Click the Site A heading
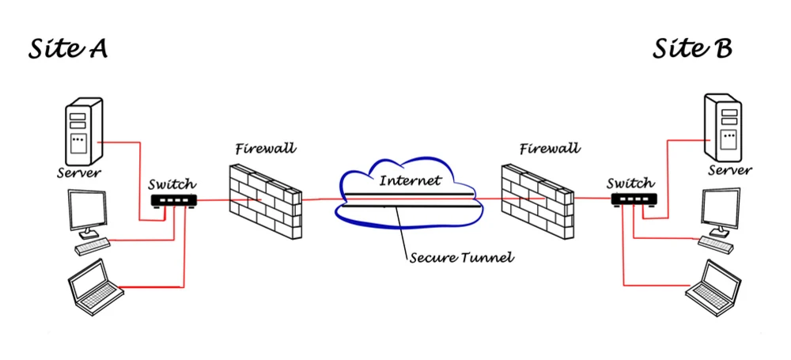point(68,50)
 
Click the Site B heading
point(692,49)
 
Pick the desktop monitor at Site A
point(88,213)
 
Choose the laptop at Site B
point(713,285)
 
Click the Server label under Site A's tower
point(79,172)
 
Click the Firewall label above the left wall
point(265,148)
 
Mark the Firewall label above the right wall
point(550,148)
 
